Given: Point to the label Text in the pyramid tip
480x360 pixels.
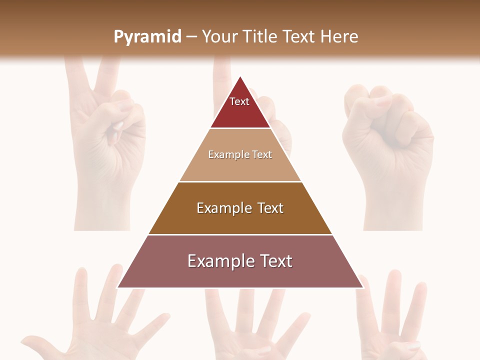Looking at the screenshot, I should click(x=239, y=101).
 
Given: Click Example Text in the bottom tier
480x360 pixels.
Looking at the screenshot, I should click(x=240, y=261).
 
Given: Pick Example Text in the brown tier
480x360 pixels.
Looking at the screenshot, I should click(x=240, y=208).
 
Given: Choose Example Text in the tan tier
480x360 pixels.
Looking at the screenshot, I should click(x=240, y=154).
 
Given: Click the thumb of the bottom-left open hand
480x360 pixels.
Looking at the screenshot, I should click(x=35, y=342).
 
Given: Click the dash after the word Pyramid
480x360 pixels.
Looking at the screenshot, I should click(x=191, y=37).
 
